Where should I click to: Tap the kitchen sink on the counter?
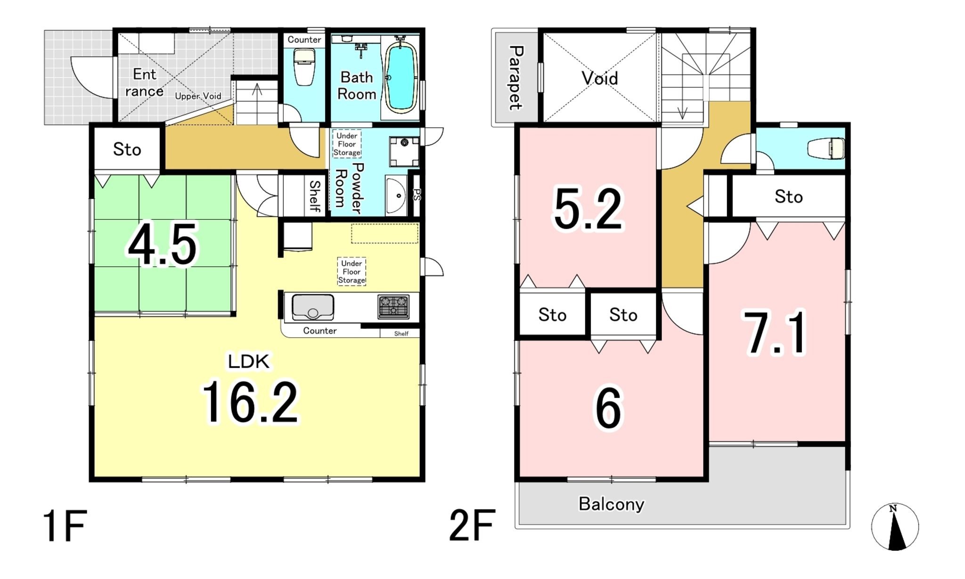pos(313,306)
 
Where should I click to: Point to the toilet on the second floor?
pos(826,149)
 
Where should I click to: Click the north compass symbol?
pos(895,527)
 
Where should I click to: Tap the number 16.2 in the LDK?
pos(250,402)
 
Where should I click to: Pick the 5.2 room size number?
pos(589,208)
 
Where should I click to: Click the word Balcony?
pos(611,504)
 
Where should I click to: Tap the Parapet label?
pos(515,78)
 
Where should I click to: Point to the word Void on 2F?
pos(599,78)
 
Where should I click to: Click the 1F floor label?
pos(65,526)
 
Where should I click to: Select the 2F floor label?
pos(472,525)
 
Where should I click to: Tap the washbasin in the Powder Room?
pos(396,196)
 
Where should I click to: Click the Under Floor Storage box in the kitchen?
pos(352,272)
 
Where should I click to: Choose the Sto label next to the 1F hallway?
pos(127,149)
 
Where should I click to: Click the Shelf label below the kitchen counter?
pos(401,334)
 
